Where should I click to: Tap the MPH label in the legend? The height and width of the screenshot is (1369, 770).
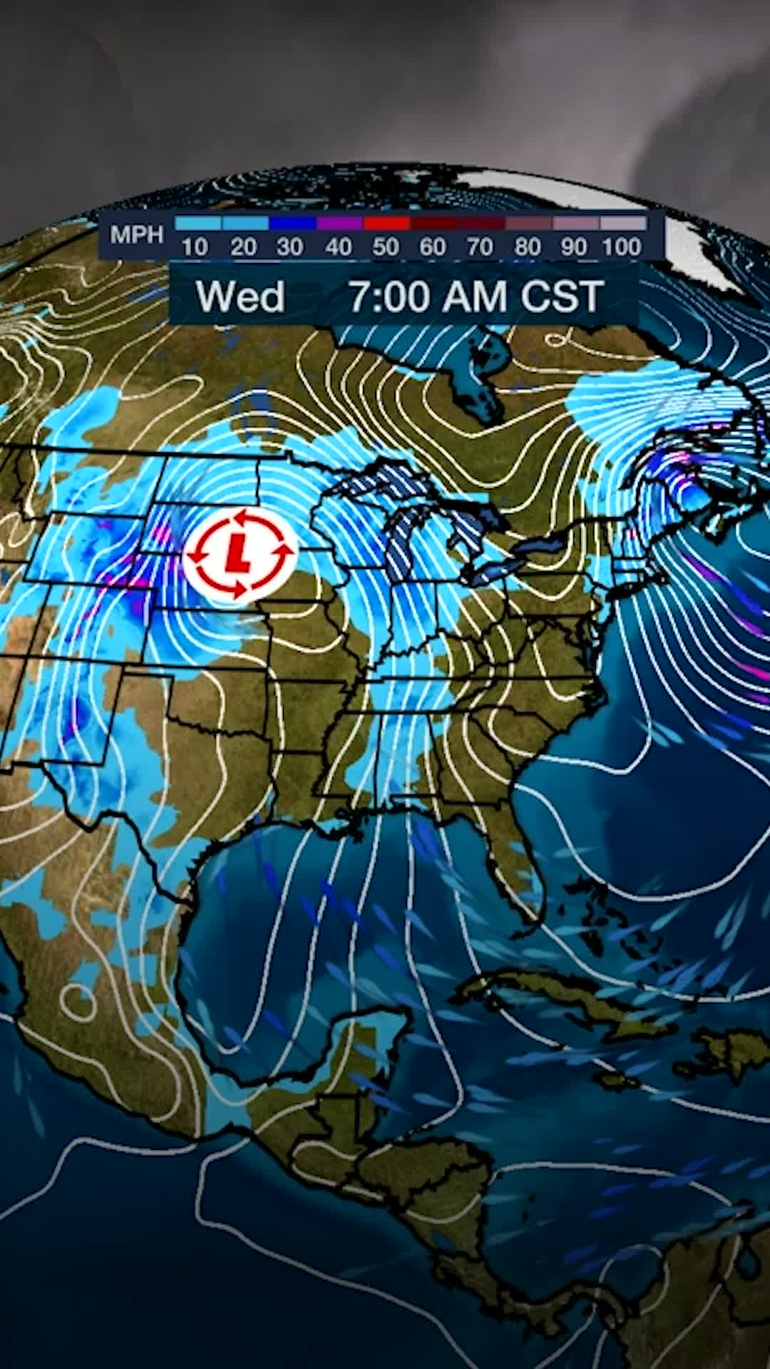pos(136,235)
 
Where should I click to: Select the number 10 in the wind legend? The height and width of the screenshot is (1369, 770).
pos(194,247)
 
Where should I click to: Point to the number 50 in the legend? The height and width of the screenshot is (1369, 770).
pos(385,247)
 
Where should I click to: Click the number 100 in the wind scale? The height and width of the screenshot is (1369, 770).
pos(622,247)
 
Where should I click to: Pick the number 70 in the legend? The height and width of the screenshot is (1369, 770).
pos(480,247)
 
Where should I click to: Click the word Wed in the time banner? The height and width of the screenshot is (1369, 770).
pos(240,297)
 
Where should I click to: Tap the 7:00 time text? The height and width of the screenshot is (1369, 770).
pos(390,297)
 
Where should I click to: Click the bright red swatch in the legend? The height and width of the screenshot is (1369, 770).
pos(386,224)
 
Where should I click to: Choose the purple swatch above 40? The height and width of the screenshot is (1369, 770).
pos(339,224)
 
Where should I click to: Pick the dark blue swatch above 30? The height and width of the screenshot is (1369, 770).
pos(292,224)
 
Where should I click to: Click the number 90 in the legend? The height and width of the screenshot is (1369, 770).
pos(574,247)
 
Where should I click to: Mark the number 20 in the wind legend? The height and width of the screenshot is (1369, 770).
pos(243,247)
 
